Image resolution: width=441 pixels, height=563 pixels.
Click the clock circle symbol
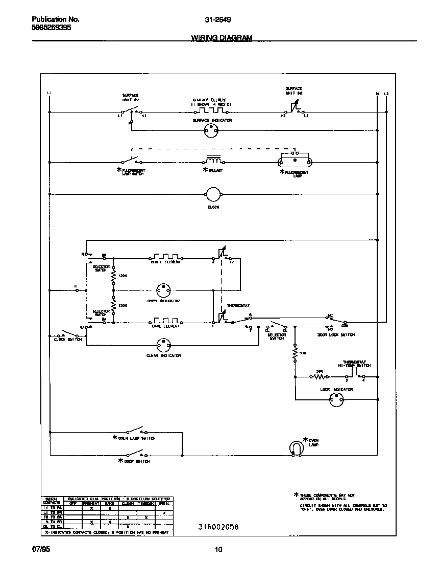pos(212,194)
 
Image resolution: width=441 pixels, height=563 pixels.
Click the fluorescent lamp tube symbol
pos(293,162)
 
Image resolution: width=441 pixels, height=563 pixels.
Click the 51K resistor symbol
pos(295,353)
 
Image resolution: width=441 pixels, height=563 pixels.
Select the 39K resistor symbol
pos(320,377)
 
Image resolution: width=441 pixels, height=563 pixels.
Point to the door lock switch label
pos(336,334)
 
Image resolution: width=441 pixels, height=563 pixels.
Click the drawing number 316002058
pos(218,527)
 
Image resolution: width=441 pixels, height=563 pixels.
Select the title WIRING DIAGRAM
pos(222,37)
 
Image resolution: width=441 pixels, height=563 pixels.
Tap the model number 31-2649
pos(217,20)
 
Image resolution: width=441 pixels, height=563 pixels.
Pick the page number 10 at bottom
pos(218,550)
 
